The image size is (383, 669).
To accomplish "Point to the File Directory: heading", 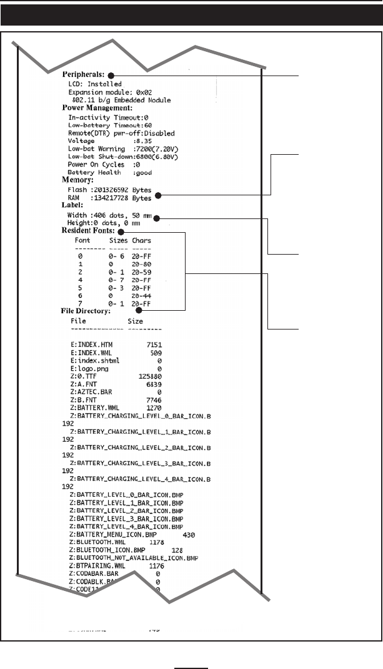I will pyautogui.click(x=85, y=310).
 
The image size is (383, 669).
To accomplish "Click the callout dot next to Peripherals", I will pyautogui.click(x=110, y=75).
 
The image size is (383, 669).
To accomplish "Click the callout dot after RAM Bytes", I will pyautogui.click(x=158, y=196).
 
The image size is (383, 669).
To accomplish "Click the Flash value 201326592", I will pyautogui.click(x=112, y=190).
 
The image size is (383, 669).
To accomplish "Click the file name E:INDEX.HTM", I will pyautogui.click(x=94, y=344).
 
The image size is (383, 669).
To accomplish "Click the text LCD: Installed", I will pyautogui.click(x=95, y=84).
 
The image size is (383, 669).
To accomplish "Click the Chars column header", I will pyautogui.click(x=141, y=240).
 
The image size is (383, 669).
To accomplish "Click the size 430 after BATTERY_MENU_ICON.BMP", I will pyautogui.click(x=188, y=535).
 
